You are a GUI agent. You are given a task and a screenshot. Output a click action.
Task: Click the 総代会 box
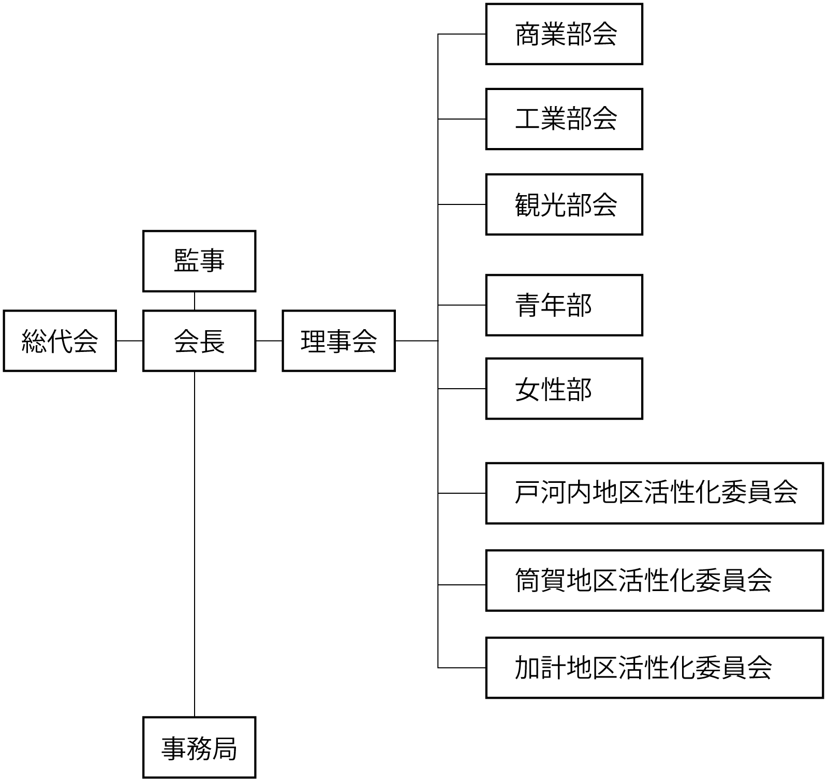click(60, 341)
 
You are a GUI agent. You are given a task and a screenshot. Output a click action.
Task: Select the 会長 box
click(199, 341)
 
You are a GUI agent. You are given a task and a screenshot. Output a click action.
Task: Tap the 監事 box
click(199, 261)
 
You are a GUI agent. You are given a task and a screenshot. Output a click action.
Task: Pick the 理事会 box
click(338, 341)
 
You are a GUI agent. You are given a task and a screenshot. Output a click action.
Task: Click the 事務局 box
click(199, 747)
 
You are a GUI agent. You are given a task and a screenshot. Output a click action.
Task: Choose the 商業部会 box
click(564, 34)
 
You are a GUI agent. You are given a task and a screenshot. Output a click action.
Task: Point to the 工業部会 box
click(564, 119)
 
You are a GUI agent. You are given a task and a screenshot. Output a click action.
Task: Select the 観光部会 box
click(564, 204)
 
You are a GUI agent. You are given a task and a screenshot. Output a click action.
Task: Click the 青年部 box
click(564, 305)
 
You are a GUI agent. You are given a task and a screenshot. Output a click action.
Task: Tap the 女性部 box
click(564, 389)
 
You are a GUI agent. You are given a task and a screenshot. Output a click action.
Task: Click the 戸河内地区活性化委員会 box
click(655, 493)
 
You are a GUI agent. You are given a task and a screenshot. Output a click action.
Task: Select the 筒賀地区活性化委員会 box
click(655, 580)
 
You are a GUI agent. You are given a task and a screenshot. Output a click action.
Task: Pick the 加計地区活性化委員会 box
click(655, 668)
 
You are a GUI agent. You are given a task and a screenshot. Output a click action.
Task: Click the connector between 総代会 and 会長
click(129, 341)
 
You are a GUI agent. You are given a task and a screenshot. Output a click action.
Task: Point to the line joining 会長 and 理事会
click(269, 341)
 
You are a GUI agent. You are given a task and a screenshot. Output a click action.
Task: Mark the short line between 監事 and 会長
click(195, 301)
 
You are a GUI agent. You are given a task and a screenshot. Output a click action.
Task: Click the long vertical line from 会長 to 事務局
click(195, 543)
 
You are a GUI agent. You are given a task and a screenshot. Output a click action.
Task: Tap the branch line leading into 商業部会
click(462, 34)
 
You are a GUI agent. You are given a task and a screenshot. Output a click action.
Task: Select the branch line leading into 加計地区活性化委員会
click(462, 668)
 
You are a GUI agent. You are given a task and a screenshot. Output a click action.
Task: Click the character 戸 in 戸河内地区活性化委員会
click(527, 492)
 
